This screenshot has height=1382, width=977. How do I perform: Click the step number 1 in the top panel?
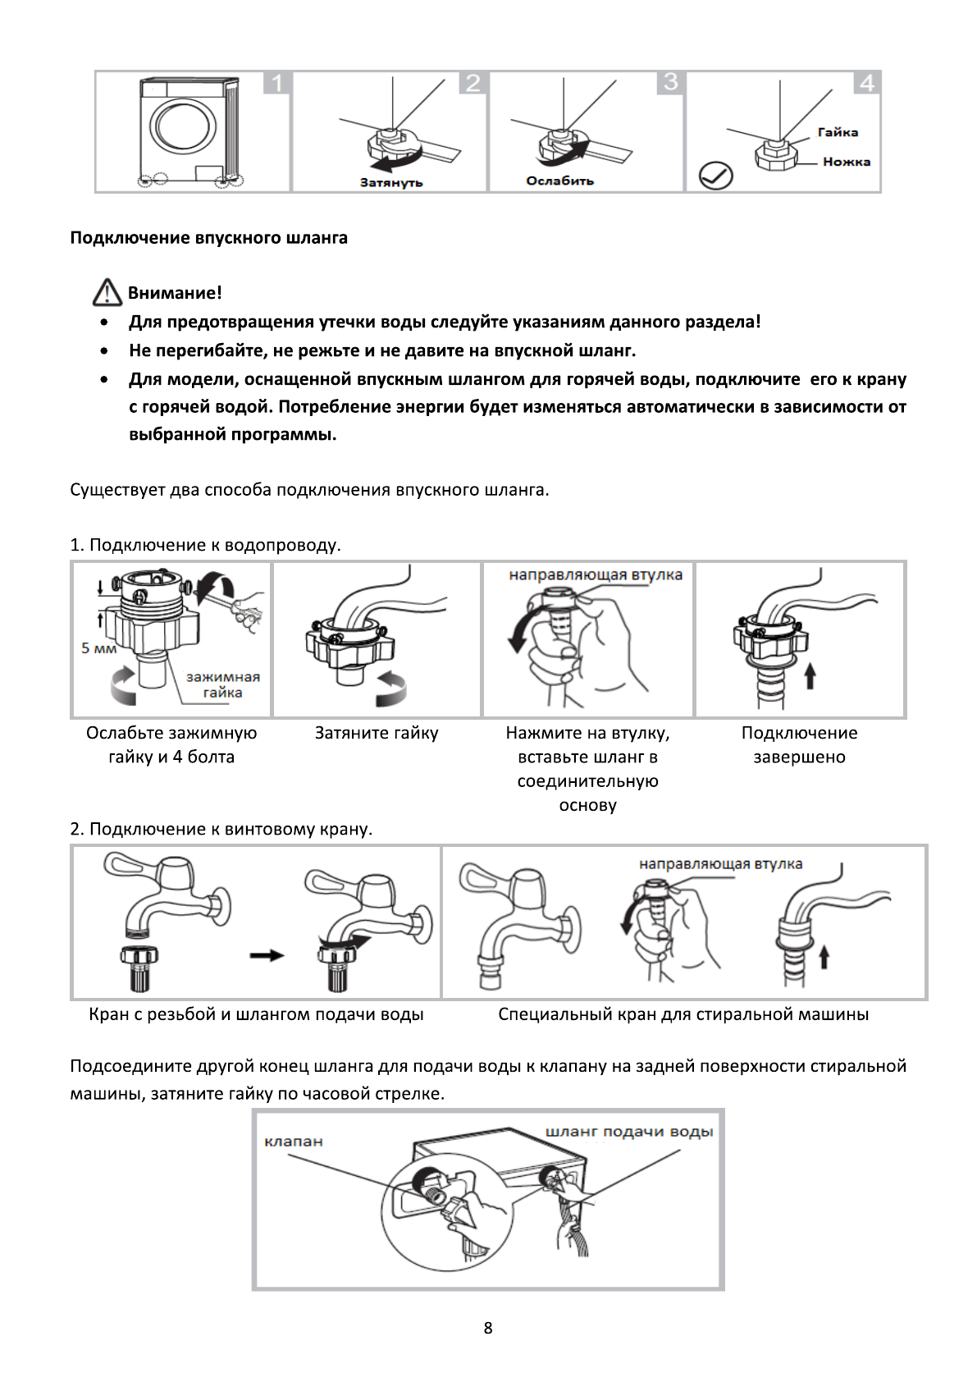[277, 84]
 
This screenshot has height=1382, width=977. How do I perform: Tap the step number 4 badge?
[867, 84]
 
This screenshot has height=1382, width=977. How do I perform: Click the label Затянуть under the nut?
[391, 182]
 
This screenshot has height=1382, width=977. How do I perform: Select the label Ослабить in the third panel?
[560, 181]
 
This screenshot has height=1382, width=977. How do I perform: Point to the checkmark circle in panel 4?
[715, 176]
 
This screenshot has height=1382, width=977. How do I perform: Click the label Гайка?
[838, 132]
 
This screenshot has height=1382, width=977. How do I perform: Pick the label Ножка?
[847, 162]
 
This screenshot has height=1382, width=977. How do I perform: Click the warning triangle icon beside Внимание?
[107, 292]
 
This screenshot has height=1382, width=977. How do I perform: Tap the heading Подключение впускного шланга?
[208, 238]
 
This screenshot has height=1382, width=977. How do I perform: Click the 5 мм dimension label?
[98, 648]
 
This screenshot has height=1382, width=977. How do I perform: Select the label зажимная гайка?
[222, 684]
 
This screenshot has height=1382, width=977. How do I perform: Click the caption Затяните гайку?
[377, 733]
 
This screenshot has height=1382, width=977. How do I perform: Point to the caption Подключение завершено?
[799, 744]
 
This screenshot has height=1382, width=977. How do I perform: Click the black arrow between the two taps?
[267, 955]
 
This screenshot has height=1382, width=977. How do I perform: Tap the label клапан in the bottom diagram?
[294, 1142]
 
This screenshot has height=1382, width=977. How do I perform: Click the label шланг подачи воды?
[629, 1132]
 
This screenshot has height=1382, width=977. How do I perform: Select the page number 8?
[488, 1328]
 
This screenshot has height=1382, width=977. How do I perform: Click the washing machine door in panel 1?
[183, 127]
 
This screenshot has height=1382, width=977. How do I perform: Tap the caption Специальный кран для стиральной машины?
[683, 1014]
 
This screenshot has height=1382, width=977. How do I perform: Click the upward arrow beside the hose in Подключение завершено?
[810, 676]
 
